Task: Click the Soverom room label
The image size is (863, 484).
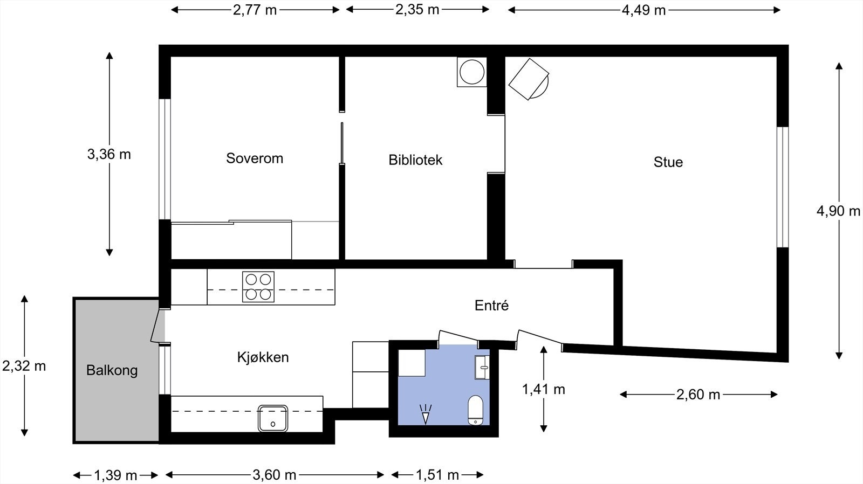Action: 254,158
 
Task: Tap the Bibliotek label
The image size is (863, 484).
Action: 415,160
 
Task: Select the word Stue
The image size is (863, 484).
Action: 668,162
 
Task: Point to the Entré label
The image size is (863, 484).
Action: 491,306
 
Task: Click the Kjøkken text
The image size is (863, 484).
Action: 263,357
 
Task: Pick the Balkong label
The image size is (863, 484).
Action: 112,371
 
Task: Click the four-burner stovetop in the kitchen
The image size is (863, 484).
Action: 258,287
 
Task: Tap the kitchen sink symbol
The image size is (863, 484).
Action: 272,418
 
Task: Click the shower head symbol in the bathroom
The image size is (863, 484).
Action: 426,414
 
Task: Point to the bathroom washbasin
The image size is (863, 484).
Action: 482,368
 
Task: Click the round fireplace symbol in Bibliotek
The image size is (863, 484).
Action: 471,72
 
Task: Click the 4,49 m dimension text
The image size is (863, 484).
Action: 643,10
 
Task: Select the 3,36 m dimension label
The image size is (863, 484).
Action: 109,155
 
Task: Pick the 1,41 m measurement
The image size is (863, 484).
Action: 543,389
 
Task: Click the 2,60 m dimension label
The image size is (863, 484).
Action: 698,395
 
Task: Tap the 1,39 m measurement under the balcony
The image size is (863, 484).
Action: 115,475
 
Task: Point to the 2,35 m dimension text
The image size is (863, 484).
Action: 417,10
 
